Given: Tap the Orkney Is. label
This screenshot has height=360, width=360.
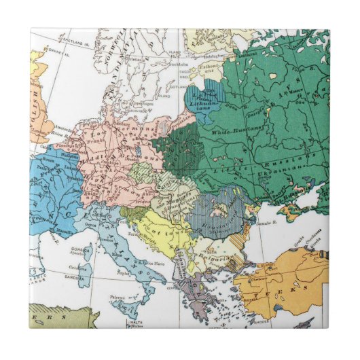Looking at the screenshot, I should click(42, 55).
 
